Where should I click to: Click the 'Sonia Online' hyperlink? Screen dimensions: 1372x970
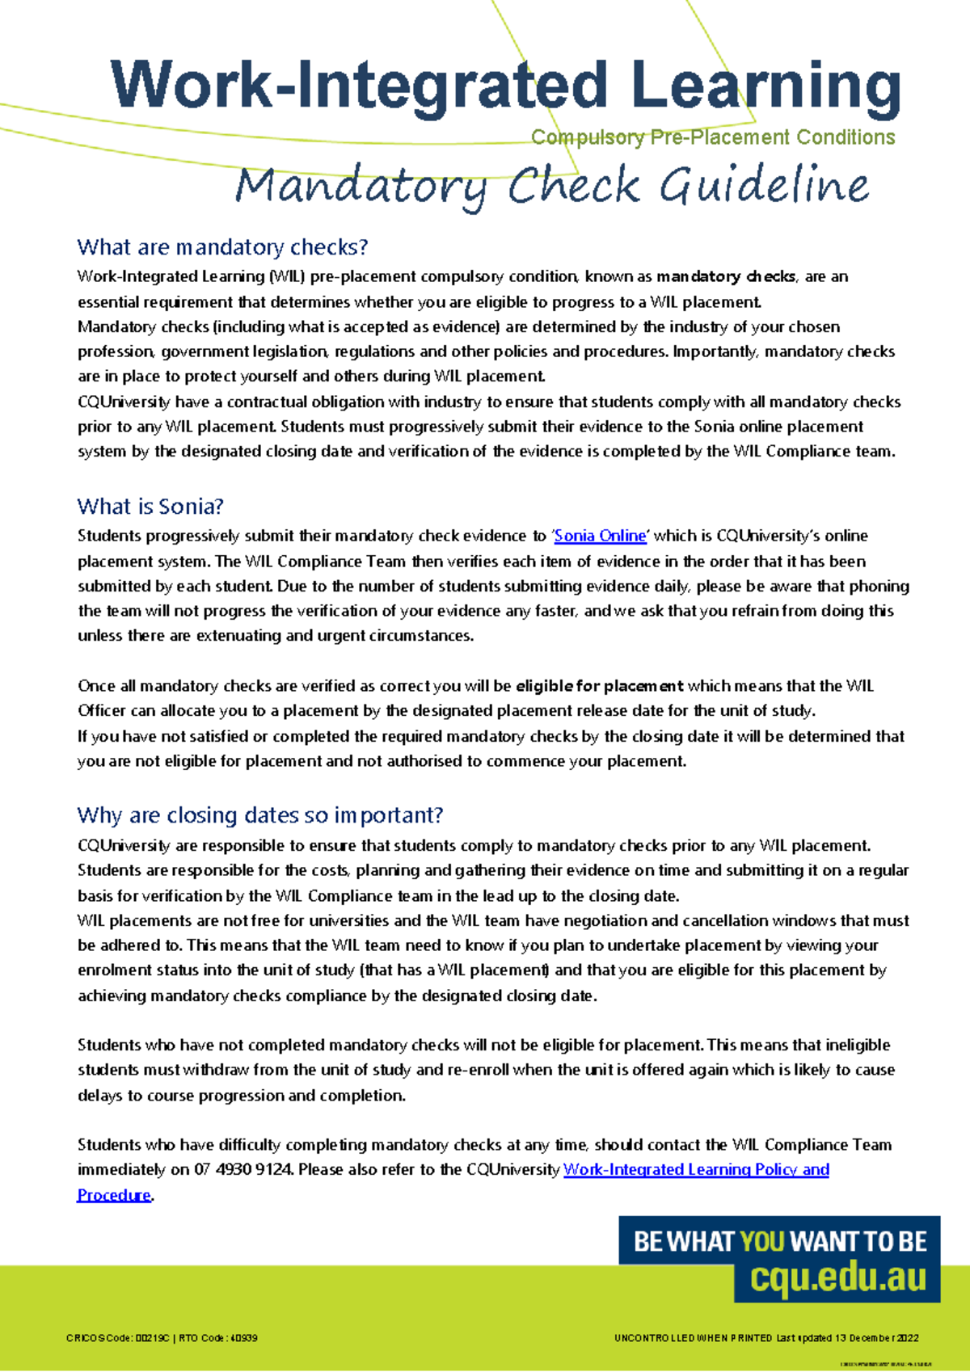[600, 536]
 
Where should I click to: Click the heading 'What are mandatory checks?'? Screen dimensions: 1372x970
[222, 247]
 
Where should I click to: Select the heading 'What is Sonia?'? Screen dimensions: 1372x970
[150, 507]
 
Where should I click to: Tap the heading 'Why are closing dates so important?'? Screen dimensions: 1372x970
[260, 815]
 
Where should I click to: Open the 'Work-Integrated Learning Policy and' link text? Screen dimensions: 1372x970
[696, 1170]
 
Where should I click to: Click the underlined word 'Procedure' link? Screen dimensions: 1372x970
[114, 1195]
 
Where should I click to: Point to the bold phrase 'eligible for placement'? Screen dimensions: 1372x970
[599, 686]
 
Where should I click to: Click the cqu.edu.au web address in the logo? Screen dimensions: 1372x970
[837, 1277]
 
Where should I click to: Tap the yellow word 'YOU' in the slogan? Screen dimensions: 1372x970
[762, 1242]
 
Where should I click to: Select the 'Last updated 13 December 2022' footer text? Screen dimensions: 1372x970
[847, 1338]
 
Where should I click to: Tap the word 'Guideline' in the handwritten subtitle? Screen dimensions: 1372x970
[763, 186]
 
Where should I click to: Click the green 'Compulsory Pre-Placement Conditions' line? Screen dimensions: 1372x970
[713, 137]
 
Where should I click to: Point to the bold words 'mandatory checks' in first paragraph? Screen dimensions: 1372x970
[726, 276]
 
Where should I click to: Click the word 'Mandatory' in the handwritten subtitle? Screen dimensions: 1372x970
[361, 187]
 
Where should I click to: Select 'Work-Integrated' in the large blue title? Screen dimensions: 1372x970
[359, 86]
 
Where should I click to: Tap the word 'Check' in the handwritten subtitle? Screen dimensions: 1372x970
[574, 186]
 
